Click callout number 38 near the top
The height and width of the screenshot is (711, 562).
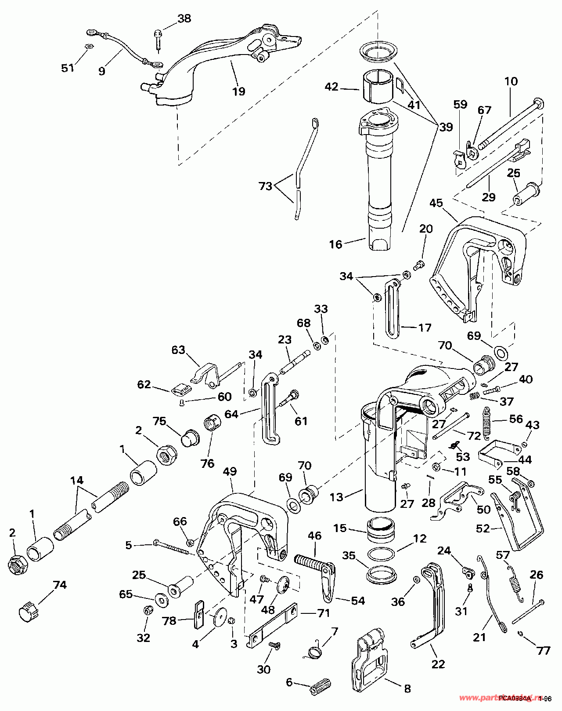(184, 18)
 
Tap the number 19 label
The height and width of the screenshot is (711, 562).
(239, 91)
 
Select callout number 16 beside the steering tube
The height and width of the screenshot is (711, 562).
(335, 244)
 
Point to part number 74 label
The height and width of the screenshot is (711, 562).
(60, 585)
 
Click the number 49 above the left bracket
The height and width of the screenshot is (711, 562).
(230, 471)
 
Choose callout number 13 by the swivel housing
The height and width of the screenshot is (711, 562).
(336, 497)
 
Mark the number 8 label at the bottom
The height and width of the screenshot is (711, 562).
(407, 689)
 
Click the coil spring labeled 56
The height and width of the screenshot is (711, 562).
(486, 423)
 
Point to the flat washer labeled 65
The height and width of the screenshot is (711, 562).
(160, 599)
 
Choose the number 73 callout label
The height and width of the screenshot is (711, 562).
(266, 186)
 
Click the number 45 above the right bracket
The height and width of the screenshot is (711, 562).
(436, 203)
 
